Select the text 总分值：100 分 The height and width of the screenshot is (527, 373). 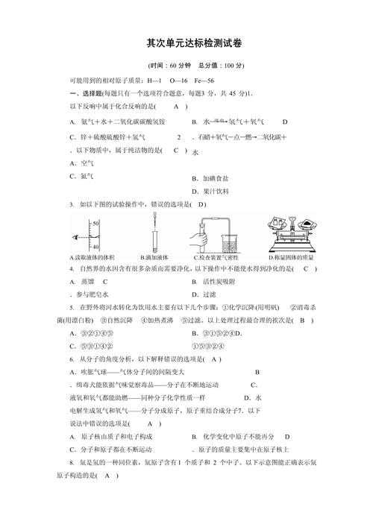223,66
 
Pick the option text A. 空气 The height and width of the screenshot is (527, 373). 82,162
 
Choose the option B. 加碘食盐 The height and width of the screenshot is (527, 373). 210,179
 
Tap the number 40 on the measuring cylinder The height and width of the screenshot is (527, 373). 95,246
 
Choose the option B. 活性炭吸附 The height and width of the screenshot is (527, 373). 217,281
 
